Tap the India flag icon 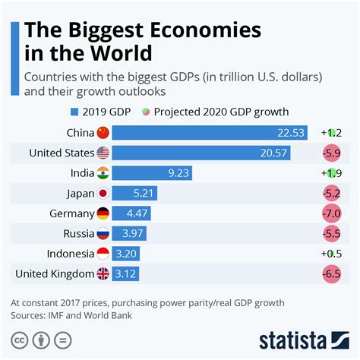(x=103, y=173)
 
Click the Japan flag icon (x=103, y=193)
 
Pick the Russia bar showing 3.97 (x=129, y=233)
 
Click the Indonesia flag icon (x=103, y=254)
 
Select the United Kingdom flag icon (x=103, y=273)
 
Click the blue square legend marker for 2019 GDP (x=74, y=112)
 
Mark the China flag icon (x=103, y=133)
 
